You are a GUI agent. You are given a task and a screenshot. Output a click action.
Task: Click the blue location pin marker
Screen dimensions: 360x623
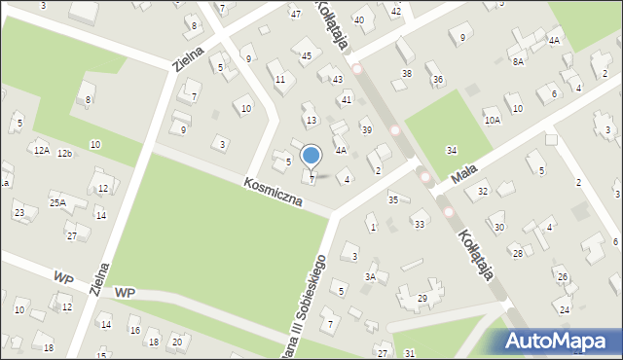click(311, 157)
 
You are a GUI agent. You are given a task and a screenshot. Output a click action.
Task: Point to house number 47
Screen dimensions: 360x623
click(295, 14)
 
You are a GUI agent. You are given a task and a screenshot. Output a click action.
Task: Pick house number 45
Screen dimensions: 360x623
click(307, 56)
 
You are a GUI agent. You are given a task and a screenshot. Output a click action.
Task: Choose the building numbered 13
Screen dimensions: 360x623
click(311, 121)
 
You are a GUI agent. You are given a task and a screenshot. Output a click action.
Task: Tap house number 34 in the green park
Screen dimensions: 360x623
click(452, 150)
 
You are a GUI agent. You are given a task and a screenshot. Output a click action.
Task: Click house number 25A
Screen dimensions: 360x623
click(58, 202)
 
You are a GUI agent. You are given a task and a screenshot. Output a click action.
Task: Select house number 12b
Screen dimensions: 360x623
click(65, 154)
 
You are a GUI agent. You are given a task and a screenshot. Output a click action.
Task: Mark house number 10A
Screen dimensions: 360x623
click(493, 121)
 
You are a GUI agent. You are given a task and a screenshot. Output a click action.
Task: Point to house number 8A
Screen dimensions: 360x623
click(519, 61)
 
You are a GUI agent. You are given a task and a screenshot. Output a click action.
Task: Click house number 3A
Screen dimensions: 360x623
click(370, 277)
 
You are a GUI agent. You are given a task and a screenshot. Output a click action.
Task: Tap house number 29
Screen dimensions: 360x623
click(422, 298)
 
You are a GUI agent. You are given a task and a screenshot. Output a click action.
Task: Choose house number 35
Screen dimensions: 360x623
click(393, 199)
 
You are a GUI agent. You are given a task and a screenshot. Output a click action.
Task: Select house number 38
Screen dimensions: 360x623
click(407, 74)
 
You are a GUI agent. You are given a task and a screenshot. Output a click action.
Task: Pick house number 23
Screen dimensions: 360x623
click(18, 212)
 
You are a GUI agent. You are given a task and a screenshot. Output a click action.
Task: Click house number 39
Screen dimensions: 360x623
click(366, 129)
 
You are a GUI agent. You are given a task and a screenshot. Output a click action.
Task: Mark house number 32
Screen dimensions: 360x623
click(482, 192)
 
